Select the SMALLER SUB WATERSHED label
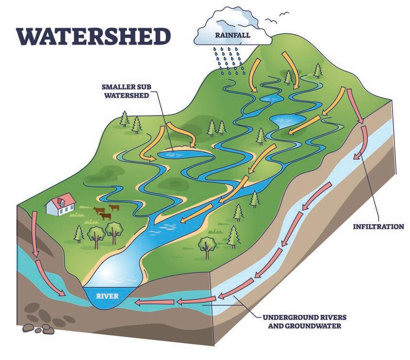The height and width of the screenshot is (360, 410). (126, 91)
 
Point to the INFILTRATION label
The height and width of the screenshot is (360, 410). (378, 226)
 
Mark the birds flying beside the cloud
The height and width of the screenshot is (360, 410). (280, 18)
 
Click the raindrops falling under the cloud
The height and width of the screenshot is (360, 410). (228, 59)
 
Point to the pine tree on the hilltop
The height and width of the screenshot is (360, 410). (318, 70)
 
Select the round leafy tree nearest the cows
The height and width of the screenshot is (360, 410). (114, 230)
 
